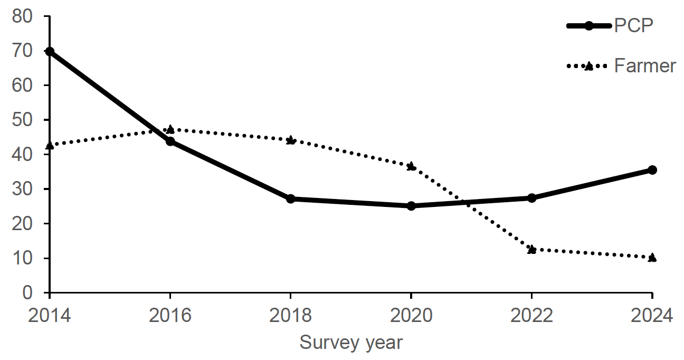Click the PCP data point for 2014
click(x=50, y=52)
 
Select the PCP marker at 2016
click(x=170, y=141)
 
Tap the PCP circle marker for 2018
click(x=290, y=199)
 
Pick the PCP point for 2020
click(x=411, y=205)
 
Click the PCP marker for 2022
click(x=531, y=198)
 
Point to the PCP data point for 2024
click(x=652, y=170)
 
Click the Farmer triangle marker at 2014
click(x=50, y=146)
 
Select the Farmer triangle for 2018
click(x=290, y=140)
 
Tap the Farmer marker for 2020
click(x=411, y=166)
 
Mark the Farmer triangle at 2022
click(x=531, y=249)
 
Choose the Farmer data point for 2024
click(x=652, y=258)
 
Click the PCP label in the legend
click(x=633, y=25)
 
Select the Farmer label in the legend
click(x=645, y=66)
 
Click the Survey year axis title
click(x=351, y=343)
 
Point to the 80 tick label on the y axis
click(x=22, y=16)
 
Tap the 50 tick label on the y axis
click(x=22, y=120)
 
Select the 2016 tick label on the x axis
click(x=170, y=316)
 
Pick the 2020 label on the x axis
click(x=411, y=316)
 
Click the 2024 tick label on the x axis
click(x=652, y=316)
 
